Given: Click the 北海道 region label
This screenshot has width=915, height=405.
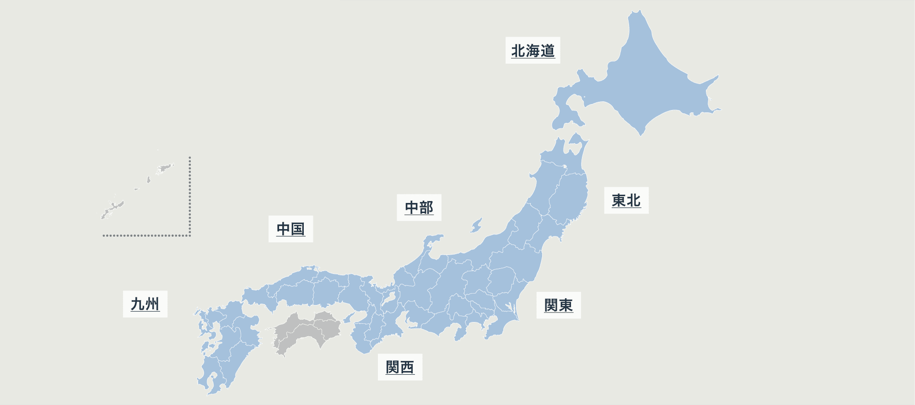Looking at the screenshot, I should [x=533, y=50].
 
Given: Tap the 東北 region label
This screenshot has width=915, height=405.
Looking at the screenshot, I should [x=626, y=200].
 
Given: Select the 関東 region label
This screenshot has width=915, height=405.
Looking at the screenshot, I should [x=558, y=305].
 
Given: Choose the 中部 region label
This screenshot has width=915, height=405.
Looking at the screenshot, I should [x=419, y=208].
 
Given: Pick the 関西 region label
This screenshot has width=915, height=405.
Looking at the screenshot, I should [x=399, y=367].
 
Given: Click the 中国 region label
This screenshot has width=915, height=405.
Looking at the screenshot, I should [x=291, y=229].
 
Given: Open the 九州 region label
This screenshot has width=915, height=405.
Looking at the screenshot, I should [x=145, y=304].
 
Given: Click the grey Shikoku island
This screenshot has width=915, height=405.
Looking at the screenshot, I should [x=307, y=332].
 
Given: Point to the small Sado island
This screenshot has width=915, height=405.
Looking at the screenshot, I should [x=476, y=225].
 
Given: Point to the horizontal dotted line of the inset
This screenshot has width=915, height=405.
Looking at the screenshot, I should [x=146, y=235].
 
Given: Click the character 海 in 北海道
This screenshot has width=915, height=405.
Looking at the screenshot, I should [x=533, y=50].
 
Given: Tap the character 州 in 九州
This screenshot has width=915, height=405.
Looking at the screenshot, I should [x=152, y=304].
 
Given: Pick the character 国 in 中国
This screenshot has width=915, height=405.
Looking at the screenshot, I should [x=298, y=229].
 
